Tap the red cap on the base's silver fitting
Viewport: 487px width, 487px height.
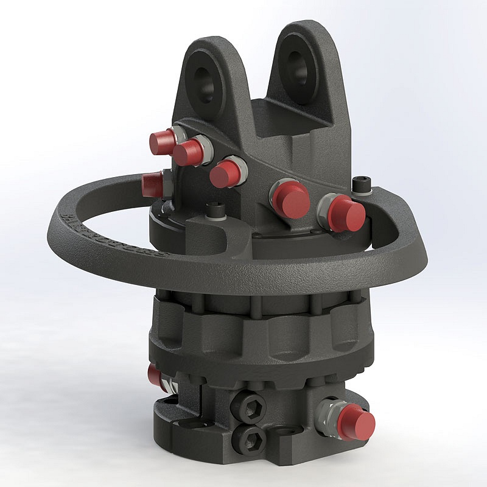coord(357,419)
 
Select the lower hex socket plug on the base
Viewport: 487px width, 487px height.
coord(251,436)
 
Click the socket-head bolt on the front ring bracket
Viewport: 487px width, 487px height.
coord(214,212)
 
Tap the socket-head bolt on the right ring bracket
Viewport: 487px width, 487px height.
coord(362,182)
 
